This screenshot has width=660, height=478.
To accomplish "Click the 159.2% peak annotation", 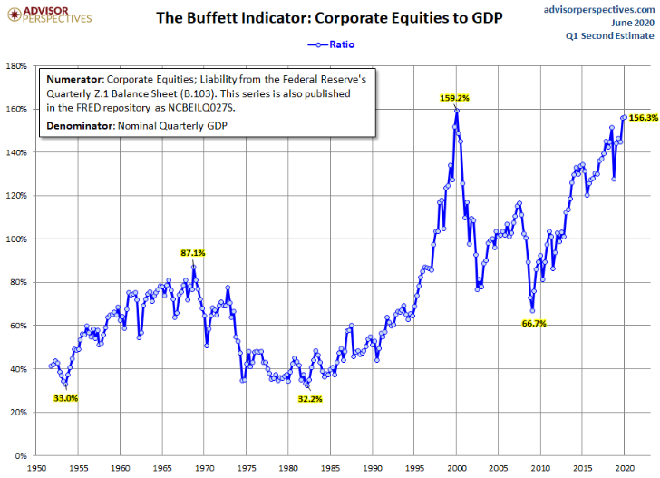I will pos(456,97).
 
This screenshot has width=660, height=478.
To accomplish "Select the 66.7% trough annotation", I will pos(535,323).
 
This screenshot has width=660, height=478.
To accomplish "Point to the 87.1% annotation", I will pos(192,253).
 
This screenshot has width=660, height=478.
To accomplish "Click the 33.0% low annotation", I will pos(66,398).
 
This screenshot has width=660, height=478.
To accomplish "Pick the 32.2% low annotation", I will pos(312,398).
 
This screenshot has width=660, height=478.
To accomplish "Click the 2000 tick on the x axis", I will pos(457,469).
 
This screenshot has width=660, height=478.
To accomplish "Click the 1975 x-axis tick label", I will pos(246,469).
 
